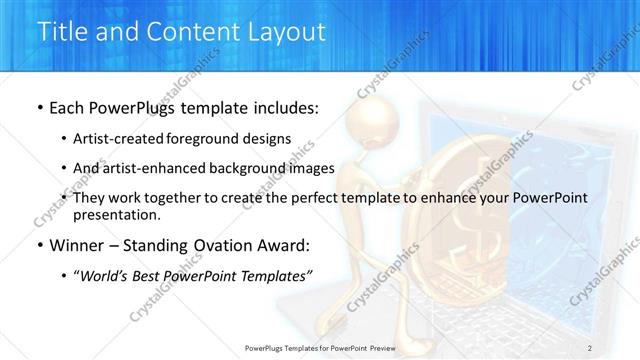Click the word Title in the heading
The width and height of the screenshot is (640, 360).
pos(62,32)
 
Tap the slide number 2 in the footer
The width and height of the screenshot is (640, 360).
pos(589,348)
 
